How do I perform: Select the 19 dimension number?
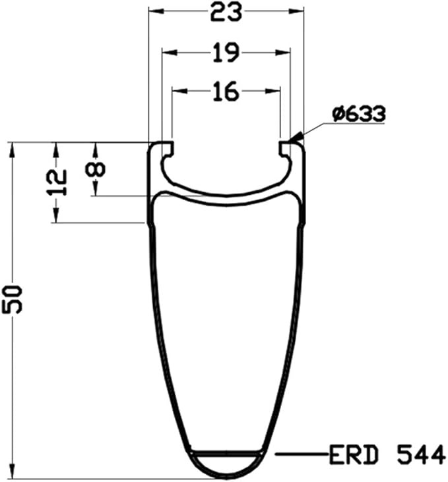(226, 53)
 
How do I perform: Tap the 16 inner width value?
(226, 91)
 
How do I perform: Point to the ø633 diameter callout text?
(359, 113)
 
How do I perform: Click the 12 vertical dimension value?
(57, 182)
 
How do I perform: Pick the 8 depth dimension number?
(96, 169)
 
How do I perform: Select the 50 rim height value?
(13, 300)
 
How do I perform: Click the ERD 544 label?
(387, 455)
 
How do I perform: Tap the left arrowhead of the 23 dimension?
(156, 11)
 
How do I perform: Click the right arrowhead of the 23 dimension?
(296, 11)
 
